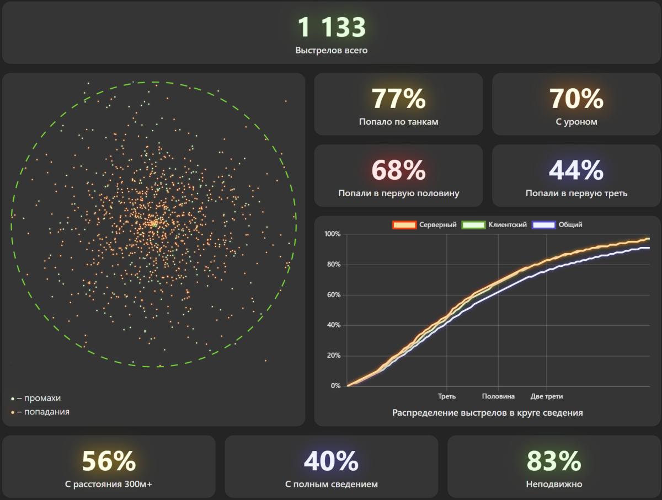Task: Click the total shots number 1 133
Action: click(x=332, y=27)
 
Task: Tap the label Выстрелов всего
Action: click(x=332, y=50)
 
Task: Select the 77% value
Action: click(x=398, y=99)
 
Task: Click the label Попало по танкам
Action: click(x=398, y=122)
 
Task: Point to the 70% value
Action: click(x=576, y=99)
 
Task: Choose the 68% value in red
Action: click(x=398, y=170)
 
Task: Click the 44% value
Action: click(x=576, y=170)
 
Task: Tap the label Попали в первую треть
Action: click(x=576, y=193)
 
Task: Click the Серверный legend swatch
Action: click(x=404, y=225)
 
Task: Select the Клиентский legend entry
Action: click(x=494, y=225)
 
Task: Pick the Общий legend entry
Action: click(x=557, y=225)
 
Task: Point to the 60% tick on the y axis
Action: click(x=334, y=295)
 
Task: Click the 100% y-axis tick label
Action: click(x=332, y=234)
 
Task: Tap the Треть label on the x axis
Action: click(x=447, y=396)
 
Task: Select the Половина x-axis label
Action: click(x=498, y=396)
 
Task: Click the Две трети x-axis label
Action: click(x=547, y=396)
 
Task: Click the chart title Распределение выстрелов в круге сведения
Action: click(x=487, y=412)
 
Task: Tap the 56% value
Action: click(x=109, y=461)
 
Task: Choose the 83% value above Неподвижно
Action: click(x=554, y=461)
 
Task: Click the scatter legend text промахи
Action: click(x=42, y=399)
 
